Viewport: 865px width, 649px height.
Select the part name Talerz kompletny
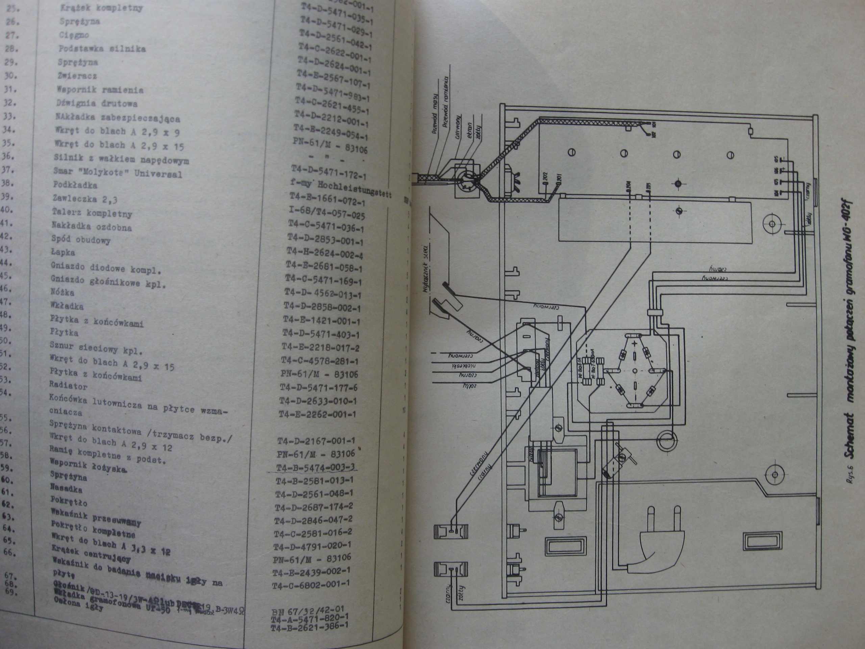click(x=92, y=213)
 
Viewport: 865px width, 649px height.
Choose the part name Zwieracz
click(x=77, y=75)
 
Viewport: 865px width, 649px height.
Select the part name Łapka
click(x=63, y=253)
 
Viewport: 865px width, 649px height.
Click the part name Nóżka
click(x=62, y=292)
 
